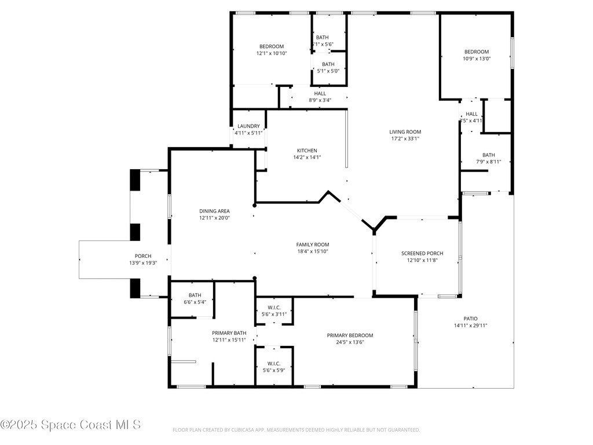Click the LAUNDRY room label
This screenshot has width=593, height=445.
point(248,126)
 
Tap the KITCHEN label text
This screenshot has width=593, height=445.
point(307,151)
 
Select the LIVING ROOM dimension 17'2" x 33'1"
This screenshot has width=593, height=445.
point(405,138)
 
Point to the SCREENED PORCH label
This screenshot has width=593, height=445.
point(422,253)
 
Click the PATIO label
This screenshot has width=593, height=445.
point(470,318)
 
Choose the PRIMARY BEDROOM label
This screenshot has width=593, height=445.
point(350,335)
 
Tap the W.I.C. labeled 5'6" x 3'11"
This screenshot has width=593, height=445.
point(274,307)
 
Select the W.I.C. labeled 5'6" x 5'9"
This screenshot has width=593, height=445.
point(274,363)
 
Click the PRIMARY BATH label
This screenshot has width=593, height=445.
point(229,333)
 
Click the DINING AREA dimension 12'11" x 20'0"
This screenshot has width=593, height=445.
point(214,218)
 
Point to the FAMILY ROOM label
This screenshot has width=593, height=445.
point(313,245)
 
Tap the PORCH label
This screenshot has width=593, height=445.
point(143,256)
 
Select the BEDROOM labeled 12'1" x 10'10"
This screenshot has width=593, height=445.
point(272,46)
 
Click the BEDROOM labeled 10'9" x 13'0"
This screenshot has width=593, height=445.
point(476,52)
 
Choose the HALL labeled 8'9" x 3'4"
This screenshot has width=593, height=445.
point(320,93)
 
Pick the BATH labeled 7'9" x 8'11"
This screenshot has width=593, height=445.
point(489,155)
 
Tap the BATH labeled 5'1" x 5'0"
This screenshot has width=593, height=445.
point(328,64)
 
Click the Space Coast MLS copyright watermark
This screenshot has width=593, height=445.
point(71,425)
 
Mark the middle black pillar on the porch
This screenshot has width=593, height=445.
point(135,232)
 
